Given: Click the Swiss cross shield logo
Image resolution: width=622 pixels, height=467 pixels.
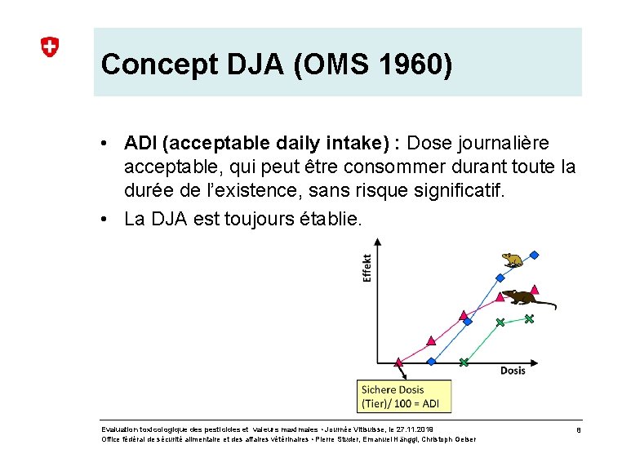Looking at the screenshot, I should [50, 47].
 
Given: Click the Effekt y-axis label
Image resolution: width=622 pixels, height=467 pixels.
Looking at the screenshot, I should [367, 268].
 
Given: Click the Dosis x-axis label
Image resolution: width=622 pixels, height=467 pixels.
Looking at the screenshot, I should [513, 370].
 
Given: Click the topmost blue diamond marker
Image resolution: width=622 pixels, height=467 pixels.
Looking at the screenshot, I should [534, 256].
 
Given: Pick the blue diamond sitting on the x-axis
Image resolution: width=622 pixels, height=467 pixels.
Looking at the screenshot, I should [432, 361].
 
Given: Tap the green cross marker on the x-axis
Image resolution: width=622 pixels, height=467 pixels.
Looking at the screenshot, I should [463, 362].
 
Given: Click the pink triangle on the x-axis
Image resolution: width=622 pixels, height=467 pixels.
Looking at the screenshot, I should [399, 361].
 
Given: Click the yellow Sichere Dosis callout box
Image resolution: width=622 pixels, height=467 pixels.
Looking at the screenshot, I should [404, 396].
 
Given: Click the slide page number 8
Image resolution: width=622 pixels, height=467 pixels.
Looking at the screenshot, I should [578, 429].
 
